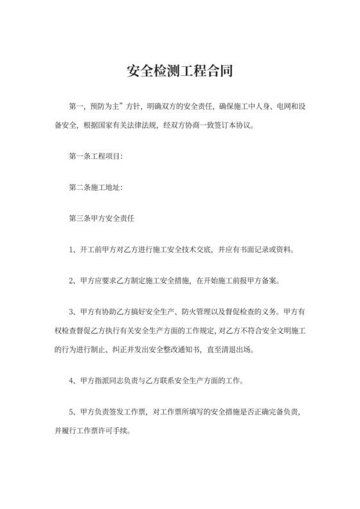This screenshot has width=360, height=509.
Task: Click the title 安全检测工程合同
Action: tap(180, 70)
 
